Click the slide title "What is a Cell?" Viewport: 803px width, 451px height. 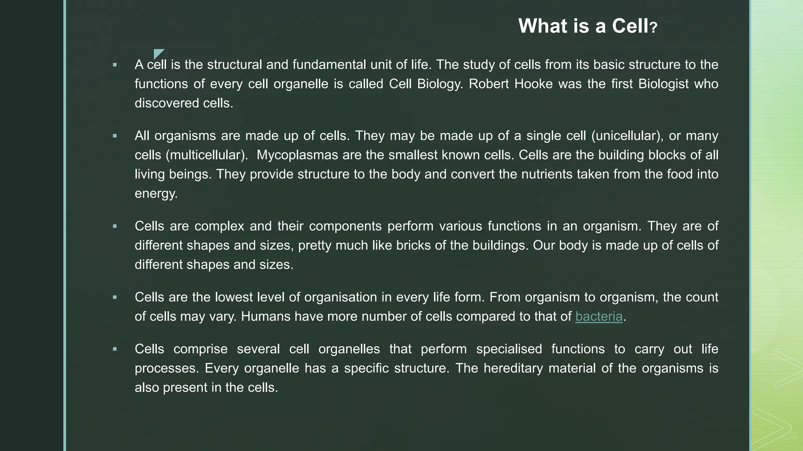click(587, 26)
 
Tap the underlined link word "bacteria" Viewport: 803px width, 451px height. click(599, 316)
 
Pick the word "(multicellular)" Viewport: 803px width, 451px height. click(207, 155)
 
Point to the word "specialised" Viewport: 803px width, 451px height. click(509, 349)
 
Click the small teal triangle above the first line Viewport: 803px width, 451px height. click(158, 54)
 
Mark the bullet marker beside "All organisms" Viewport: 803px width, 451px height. click(115, 136)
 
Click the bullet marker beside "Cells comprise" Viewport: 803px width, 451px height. click(115, 349)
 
